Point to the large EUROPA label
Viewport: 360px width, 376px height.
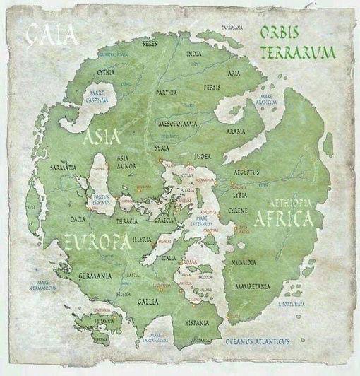[97, 243]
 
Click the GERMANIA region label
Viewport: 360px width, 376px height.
[97, 275]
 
